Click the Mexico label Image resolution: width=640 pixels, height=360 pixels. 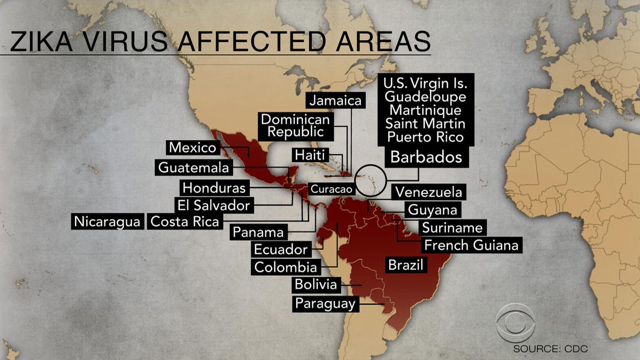click(x=193, y=148)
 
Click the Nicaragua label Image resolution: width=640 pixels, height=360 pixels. click(x=107, y=222)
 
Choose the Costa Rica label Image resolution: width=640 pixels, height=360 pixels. click(x=185, y=222)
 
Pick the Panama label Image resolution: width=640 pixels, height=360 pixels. click(x=258, y=232)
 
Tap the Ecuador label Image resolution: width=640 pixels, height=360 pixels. click(x=281, y=250)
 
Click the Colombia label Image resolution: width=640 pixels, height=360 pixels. click(x=285, y=267)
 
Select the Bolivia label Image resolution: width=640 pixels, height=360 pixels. click(x=315, y=284)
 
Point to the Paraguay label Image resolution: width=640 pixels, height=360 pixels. click(x=325, y=303)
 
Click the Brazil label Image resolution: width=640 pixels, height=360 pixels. click(x=406, y=266)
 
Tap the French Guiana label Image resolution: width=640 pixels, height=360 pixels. click(x=471, y=245)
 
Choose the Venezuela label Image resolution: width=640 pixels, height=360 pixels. click(x=428, y=192)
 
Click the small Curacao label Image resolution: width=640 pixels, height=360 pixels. click(x=331, y=189)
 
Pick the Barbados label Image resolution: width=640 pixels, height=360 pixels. click(x=426, y=157)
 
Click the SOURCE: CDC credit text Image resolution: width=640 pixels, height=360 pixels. click(x=550, y=349)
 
